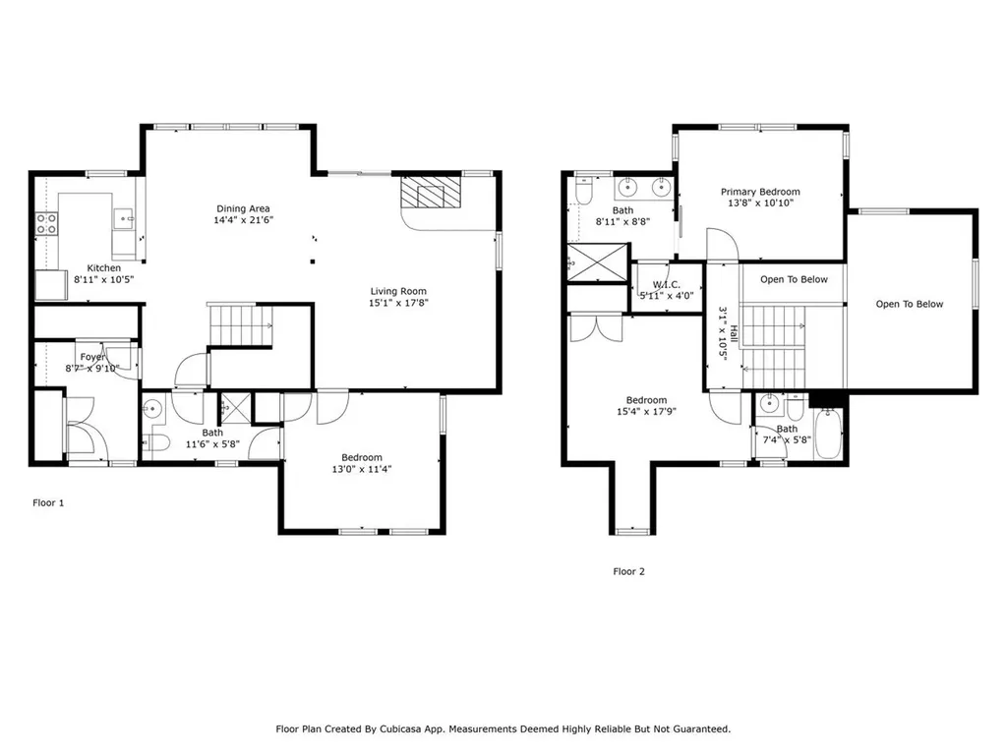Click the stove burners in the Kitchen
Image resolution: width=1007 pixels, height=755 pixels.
(45, 224)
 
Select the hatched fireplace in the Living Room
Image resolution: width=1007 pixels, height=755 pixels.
(431, 193)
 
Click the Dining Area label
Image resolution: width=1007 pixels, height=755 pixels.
(243, 208)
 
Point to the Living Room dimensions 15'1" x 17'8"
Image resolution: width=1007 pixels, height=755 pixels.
(398, 303)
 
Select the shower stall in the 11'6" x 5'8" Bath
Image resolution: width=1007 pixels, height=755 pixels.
(235, 405)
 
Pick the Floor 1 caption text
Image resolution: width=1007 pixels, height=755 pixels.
(48, 502)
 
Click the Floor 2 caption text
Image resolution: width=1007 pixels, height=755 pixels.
(628, 571)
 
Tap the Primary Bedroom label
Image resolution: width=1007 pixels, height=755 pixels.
(760, 192)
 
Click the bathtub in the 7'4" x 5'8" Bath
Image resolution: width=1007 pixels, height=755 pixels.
(830, 434)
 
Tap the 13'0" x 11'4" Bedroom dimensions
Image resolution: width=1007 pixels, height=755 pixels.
(362, 470)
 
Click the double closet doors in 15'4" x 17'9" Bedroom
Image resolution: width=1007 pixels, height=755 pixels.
(595, 326)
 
